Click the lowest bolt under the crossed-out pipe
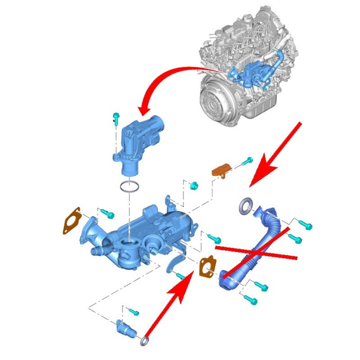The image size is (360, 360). click(x=250, y=300)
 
